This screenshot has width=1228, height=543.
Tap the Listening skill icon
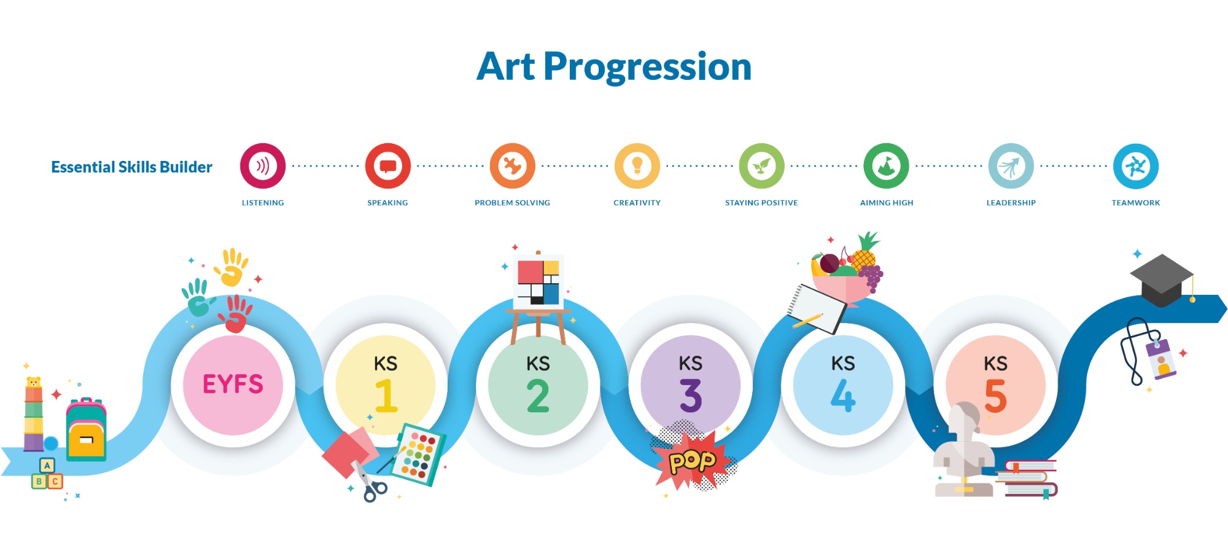[263, 166]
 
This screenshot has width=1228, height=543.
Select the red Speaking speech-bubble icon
[387, 166]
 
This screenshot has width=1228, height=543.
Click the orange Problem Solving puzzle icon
[512, 166]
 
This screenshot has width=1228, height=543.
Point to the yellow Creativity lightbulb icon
[637, 166]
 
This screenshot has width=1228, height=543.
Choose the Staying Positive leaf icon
[761, 166]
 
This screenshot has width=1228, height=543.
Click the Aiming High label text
[887, 203]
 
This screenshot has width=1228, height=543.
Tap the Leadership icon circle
[1011, 166]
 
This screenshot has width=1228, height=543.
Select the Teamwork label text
[1135, 203]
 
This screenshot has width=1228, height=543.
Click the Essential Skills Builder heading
[131, 167]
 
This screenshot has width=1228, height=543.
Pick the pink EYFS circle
[233, 385]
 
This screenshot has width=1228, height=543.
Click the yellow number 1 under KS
[386, 395]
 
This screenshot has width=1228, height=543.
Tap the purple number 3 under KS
[691, 396]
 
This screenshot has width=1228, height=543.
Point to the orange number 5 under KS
[995, 396]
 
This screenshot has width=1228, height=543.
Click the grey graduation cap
[1162, 280]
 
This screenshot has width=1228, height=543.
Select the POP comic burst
[693, 459]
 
